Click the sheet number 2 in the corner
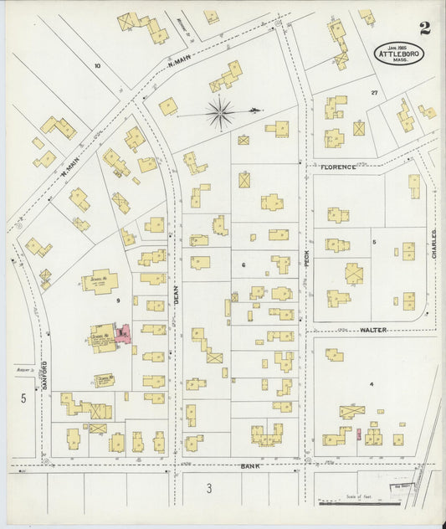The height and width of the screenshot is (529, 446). (425, 30)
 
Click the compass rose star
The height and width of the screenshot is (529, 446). (219, 113)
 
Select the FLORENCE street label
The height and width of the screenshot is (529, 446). (338, 167)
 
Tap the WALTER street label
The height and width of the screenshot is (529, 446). (372, 331)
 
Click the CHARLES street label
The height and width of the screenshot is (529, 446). (434, 244)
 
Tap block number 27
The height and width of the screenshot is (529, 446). (374, 93)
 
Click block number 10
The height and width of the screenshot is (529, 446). (97, 65)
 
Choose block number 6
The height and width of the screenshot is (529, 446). (244, 264)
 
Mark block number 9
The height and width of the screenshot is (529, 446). (118, 300)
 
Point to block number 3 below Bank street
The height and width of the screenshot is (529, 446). (209, 488)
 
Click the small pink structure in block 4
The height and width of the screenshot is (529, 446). (358, 434)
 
